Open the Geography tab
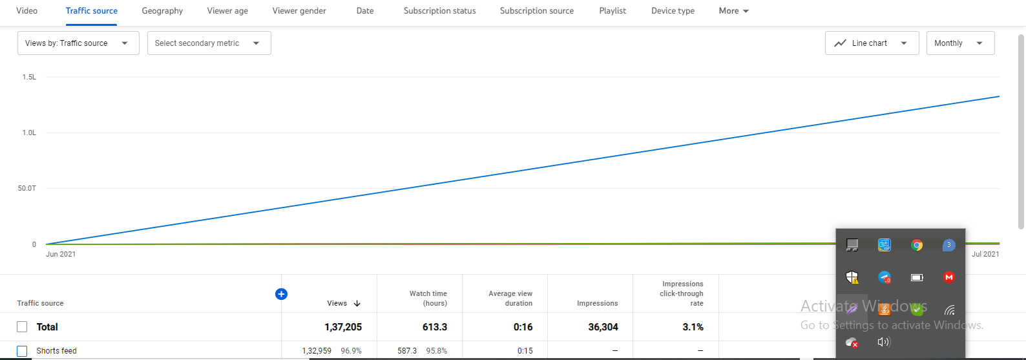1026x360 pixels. click(x=162, y=11)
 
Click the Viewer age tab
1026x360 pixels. click(x=227, y=11)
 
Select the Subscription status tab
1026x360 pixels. click(x=439, y=11)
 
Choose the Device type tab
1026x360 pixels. click(x=673, y=11)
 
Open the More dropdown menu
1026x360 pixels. click(x=733, y=11)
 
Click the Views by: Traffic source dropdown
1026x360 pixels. click(x=78, y=43)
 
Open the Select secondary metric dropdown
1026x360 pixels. click(x=208, y=43)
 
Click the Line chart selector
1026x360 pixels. click(x=871, y=43)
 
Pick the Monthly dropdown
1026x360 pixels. click(x=959, y=43)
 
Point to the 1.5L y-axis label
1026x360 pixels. click(x=29, y=77)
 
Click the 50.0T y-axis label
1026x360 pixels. click(x=27, y=188)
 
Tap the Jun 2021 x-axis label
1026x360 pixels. click(x=61, y=254)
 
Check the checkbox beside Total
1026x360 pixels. click(x=22, y=327)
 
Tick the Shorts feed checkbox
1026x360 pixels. click(x=22, y=351)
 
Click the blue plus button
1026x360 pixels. click(x=281, y=294)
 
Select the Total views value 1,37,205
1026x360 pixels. click(x=343, y=327)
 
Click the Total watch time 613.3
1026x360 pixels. click(x=434, y=327)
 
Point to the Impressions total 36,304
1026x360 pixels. click(x=603, y=327)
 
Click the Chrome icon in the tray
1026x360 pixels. click(x=917, y=245)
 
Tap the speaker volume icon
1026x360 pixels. click(x=884, y=342)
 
